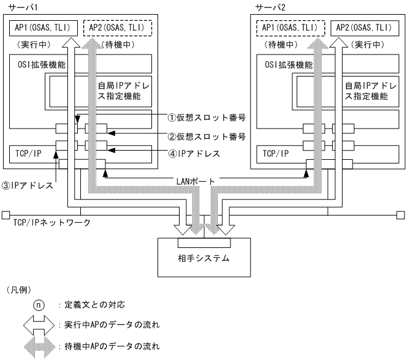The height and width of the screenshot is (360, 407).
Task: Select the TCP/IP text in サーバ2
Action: (273, 153)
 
